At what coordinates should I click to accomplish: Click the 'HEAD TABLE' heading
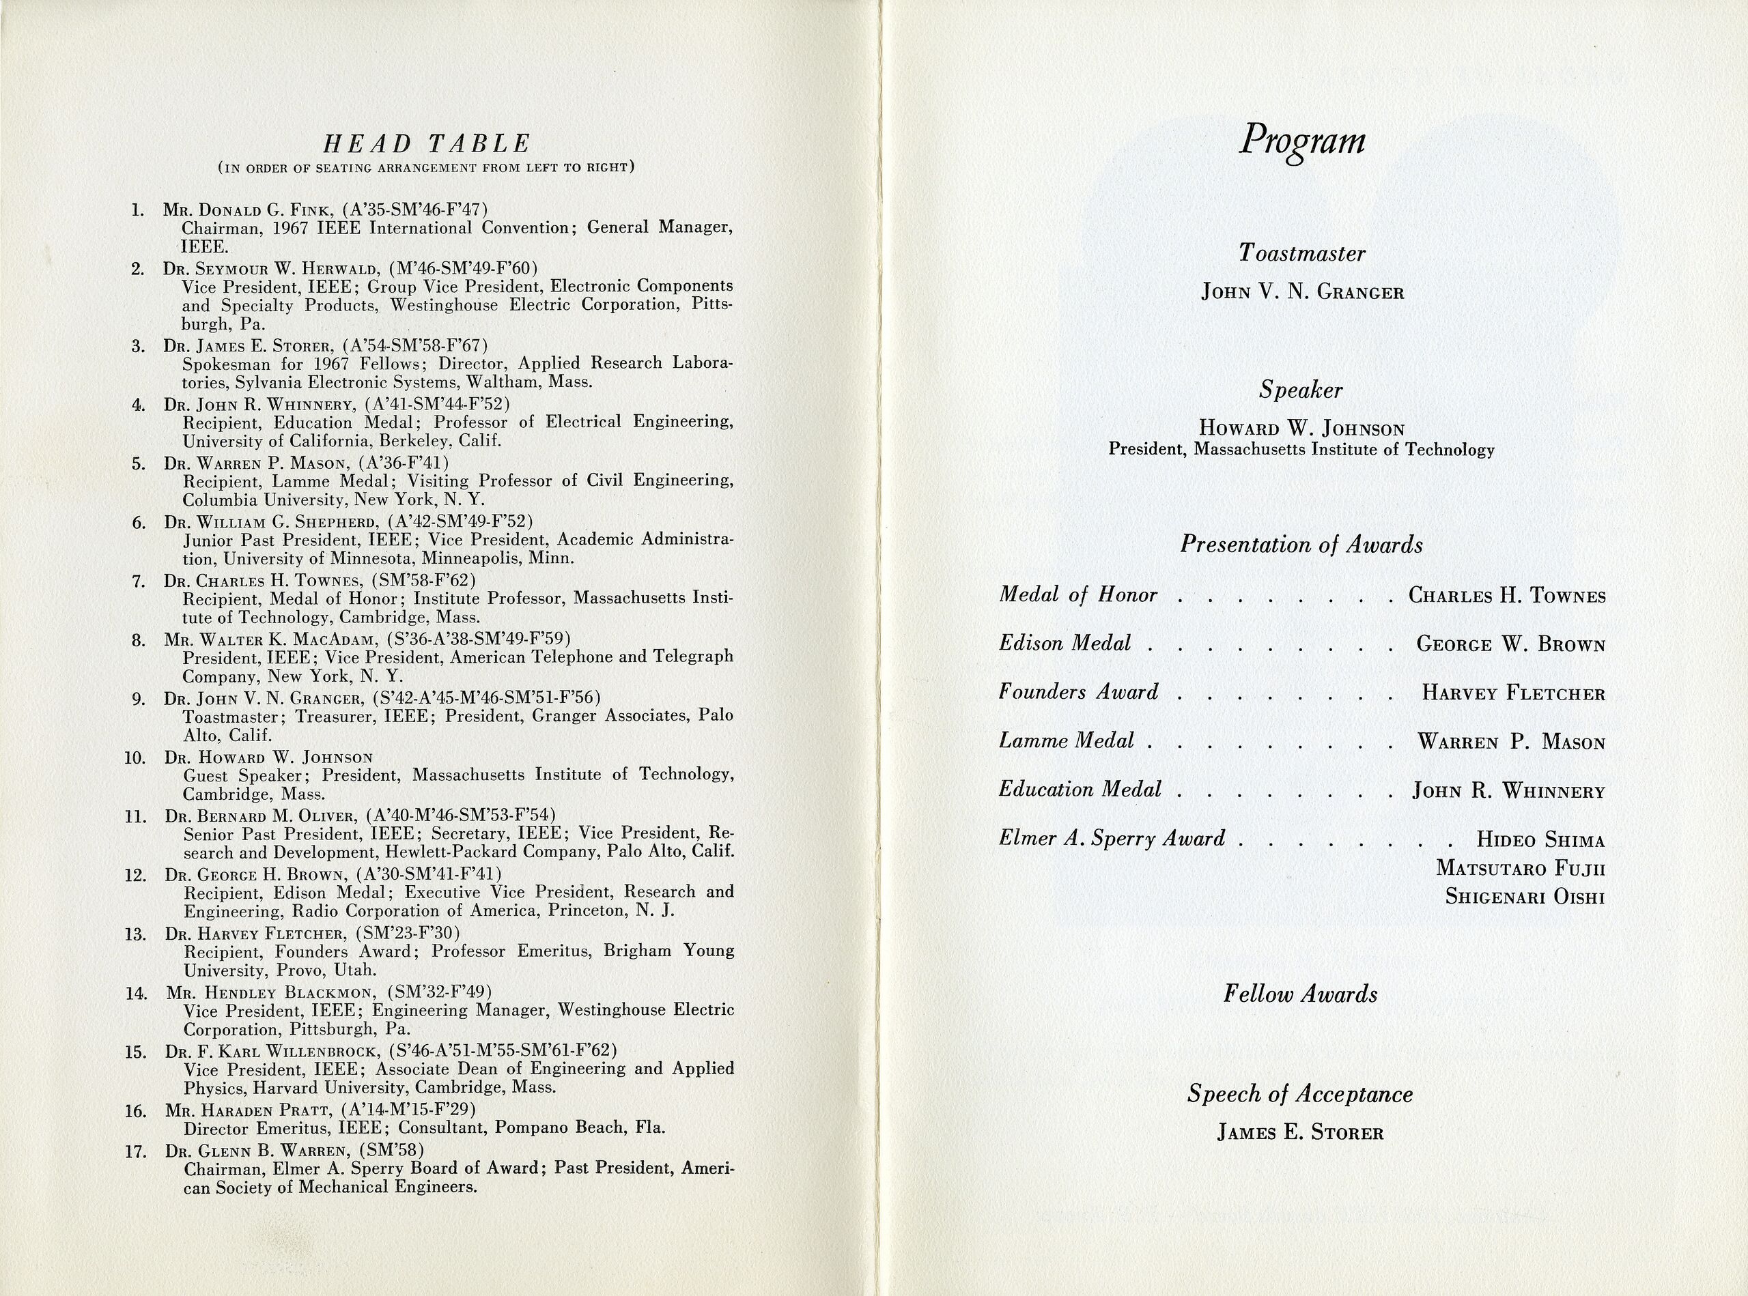point(427,143)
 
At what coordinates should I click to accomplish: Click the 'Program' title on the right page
point(1302,142)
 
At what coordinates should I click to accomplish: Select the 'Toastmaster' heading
point(1301,253)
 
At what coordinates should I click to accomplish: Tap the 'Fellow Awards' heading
point(1300,994)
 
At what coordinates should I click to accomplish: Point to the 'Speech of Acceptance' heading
point(1300,1093)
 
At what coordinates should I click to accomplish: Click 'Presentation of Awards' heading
point(1301,545)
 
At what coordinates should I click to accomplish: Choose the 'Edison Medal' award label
point(1065,644)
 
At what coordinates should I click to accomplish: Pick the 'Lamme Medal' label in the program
point(1066,740)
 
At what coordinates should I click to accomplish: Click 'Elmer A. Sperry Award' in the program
point(1112,839)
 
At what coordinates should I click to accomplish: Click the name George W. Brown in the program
point(1510,644)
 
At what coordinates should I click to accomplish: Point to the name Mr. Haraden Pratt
point(248,1111)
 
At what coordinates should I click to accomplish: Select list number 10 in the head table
point(135,758)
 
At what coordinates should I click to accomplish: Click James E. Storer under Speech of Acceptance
point(1300,1132)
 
